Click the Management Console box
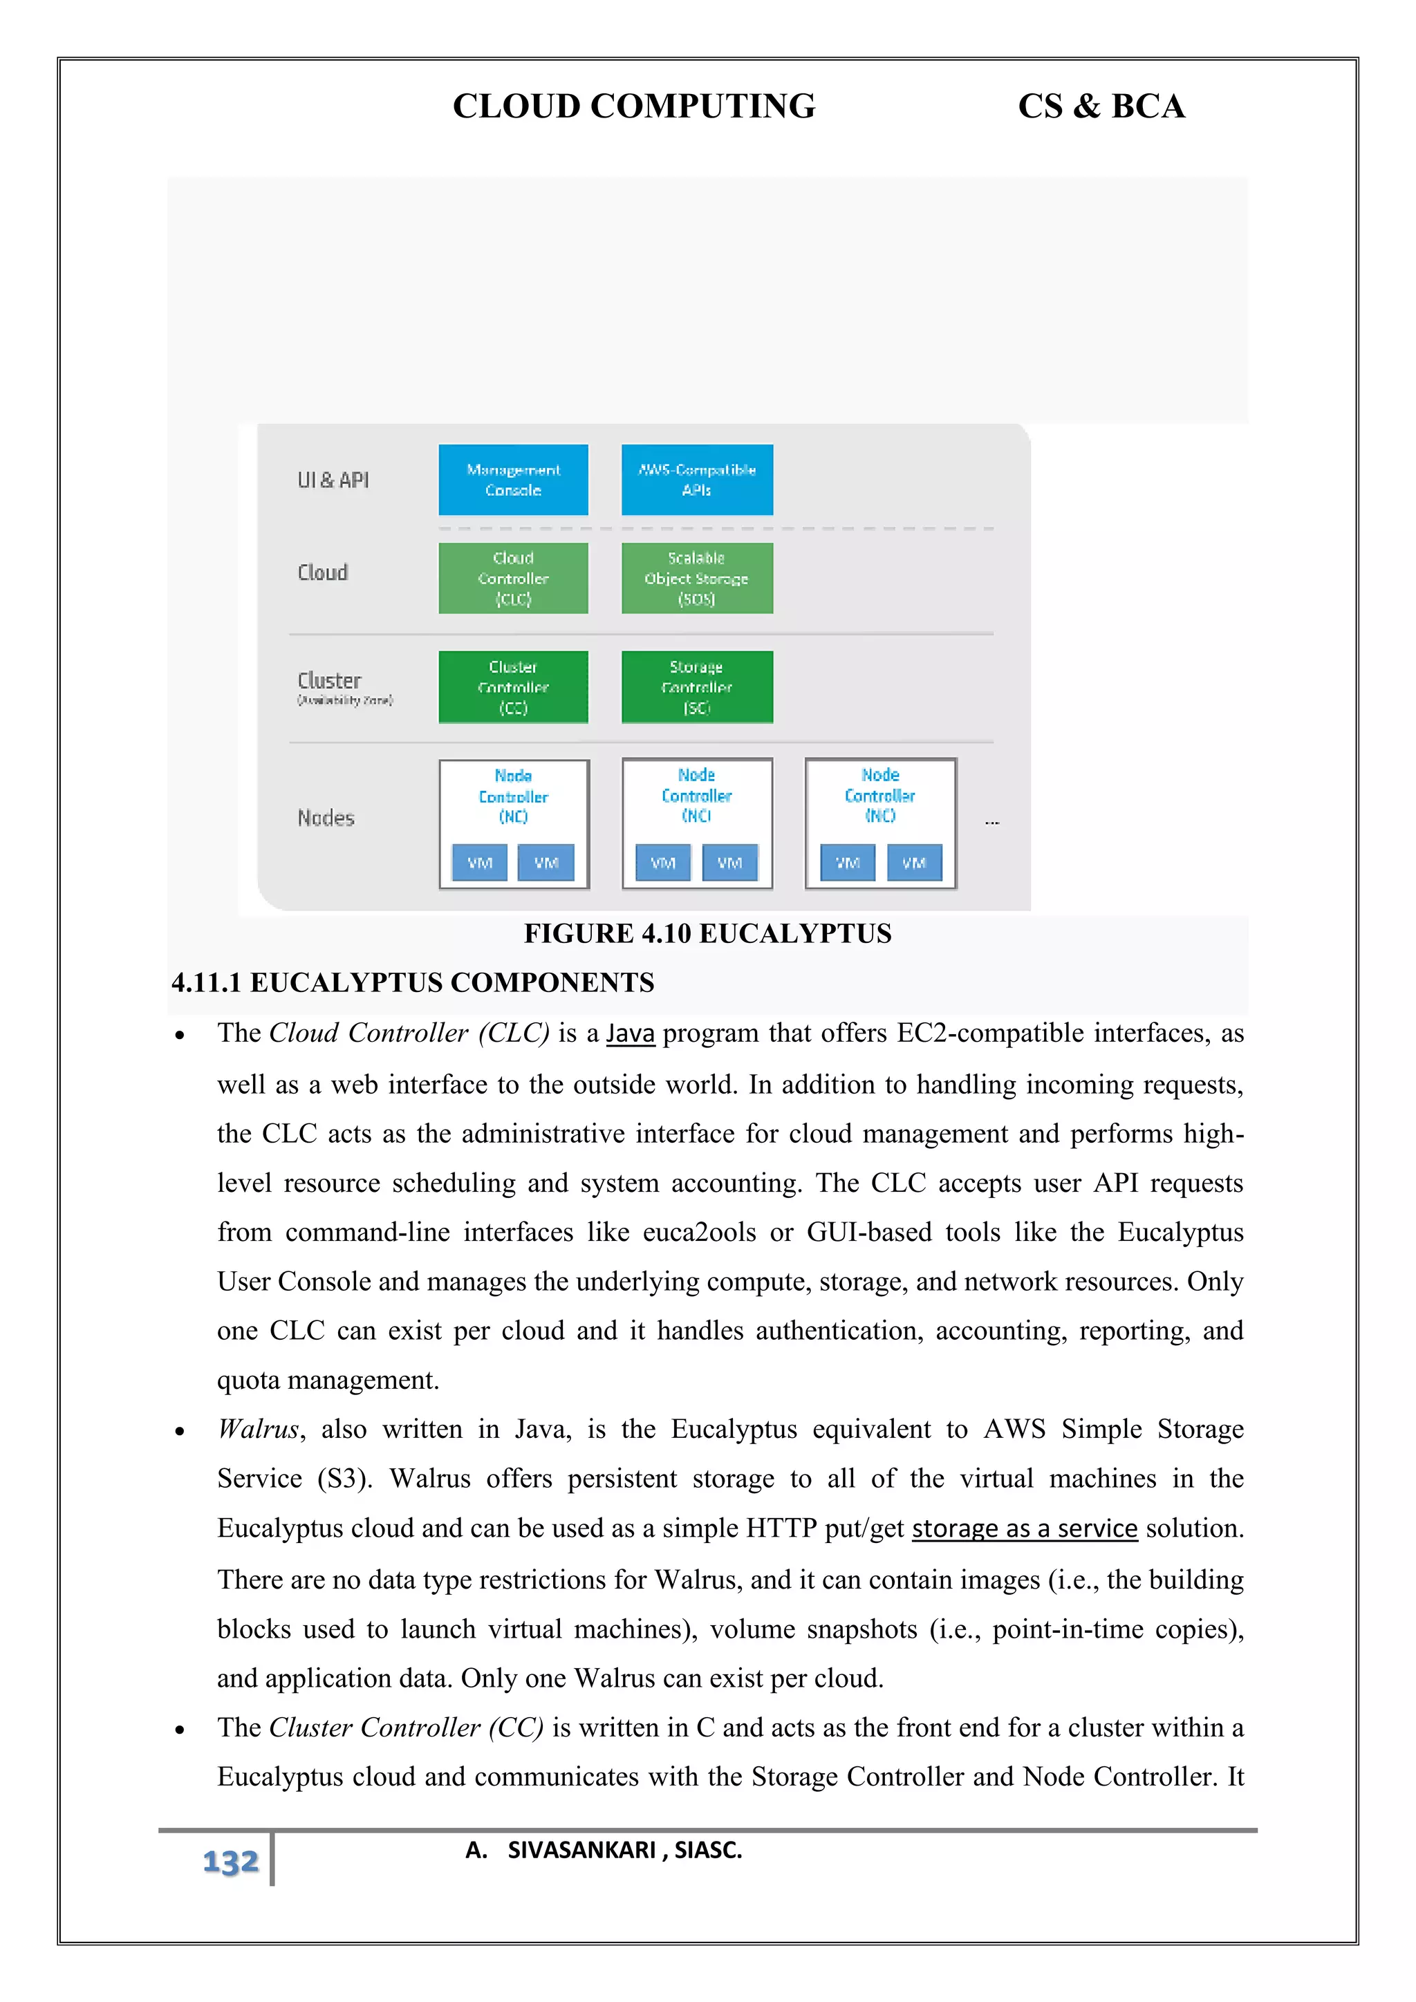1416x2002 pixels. [x=513, y=480]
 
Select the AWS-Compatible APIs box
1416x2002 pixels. [x=697, y=480]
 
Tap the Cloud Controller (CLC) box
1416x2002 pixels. [x=513, y=578]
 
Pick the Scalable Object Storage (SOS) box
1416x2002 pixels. [x=697, y=578]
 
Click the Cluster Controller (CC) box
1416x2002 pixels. [x=513, y=687]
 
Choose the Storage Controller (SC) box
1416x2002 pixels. [x=697, y=687]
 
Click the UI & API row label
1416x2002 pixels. [x=333, y=480]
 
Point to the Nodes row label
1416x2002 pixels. [x=326, y=818]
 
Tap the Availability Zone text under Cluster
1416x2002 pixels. [x=345, y=700]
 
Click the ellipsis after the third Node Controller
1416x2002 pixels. [x=991, y=822]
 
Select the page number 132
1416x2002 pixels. [x=230, y=1862]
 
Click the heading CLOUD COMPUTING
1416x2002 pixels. [x=634, y=106]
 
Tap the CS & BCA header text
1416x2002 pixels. [x=1101, y=106]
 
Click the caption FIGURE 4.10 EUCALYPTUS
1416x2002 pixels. [x=707, y=933]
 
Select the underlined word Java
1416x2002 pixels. [x=631, y=1033]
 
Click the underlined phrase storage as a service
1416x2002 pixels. [x=1025, y=1528]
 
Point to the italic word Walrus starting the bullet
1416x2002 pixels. [x=258, y=1429]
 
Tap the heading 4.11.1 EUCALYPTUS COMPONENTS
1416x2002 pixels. [x=412, y=983]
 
